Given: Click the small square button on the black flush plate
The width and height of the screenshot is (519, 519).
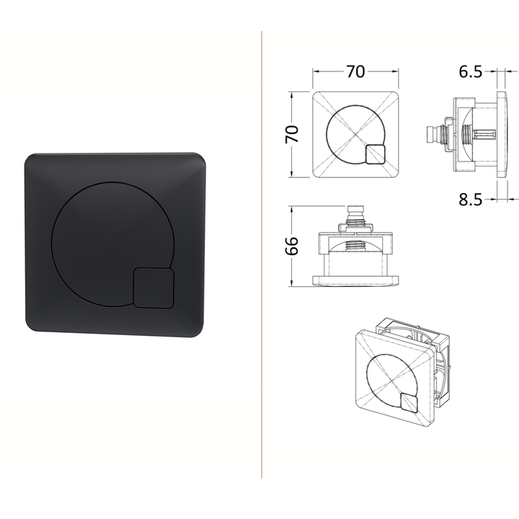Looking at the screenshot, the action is coord(154,288).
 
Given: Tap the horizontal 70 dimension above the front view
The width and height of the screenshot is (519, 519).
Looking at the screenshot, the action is coord(355,71).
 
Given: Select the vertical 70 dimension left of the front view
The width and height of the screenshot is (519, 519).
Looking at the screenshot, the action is coord(292,134).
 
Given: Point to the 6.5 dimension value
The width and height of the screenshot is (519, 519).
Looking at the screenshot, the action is coord(470,71).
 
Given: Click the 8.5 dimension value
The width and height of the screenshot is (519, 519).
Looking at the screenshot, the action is coord(470,200).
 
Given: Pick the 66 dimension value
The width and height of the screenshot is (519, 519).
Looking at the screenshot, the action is coord(292,246).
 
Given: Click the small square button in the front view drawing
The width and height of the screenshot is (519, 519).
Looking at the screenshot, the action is coord(376,154).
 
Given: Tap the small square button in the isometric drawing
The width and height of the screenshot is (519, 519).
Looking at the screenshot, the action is coord(409,403).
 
